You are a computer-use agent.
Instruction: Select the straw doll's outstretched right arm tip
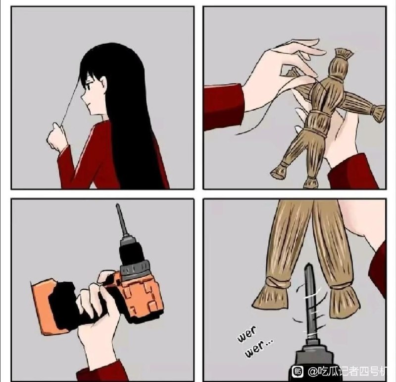[x=379, y=112]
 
